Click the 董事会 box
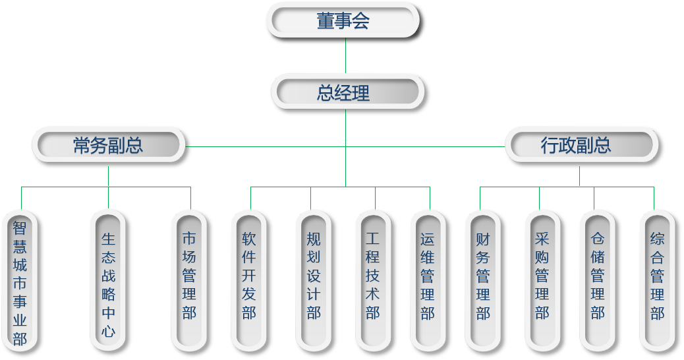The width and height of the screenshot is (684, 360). pos(343,22)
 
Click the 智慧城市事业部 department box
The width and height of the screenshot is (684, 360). pos(20,282)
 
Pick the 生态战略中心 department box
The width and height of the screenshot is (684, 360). pos(108,282)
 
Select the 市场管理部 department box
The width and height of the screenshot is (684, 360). pos(190,282)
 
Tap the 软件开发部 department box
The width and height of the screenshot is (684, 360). pos(249,282)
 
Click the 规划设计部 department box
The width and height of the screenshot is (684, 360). pos(314,282)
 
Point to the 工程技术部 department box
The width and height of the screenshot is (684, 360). pos(373,282)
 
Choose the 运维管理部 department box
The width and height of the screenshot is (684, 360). pos(428,282)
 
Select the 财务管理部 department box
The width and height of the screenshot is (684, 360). pos(483,282)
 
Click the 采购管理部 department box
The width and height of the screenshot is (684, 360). pos(542,282)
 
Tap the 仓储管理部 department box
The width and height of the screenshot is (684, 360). pos(598,282)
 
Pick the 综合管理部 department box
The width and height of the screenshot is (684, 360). pos(657,282)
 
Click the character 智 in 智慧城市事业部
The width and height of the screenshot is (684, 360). pos(20,228)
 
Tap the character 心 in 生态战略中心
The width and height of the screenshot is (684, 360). pos(108,330)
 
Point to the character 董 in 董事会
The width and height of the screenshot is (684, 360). pos(326,22)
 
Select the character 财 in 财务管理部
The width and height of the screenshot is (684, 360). pos(483,239)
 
